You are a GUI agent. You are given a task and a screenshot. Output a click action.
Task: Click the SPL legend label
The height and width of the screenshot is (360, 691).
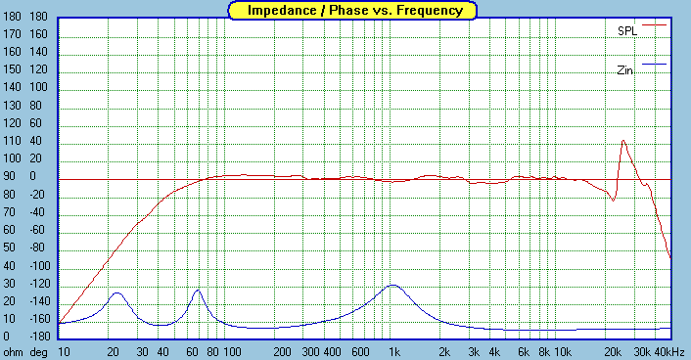[626, 30]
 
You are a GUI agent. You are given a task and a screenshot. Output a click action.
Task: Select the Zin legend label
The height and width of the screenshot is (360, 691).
[626, 70]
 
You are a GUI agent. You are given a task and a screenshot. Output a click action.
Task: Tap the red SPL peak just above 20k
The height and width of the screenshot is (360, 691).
[622, 141]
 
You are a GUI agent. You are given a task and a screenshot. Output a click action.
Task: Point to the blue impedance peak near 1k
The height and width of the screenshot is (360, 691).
[393, 286]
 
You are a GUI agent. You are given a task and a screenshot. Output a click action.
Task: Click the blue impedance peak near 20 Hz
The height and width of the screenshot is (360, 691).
[117, 292]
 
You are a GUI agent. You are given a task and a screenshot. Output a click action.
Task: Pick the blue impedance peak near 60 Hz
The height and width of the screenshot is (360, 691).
[198, 291]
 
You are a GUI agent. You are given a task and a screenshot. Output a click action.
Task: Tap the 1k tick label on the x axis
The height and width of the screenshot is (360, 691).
[394, 351]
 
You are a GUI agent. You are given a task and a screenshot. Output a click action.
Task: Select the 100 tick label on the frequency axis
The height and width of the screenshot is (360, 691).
[231, 351]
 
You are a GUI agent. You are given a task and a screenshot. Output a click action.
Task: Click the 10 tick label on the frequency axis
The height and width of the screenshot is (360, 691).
[65, 351]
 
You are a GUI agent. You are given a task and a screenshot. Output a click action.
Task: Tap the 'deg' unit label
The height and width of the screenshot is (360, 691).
[39, 351]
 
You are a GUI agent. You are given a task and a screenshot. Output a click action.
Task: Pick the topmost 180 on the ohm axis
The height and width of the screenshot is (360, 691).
[13, 17]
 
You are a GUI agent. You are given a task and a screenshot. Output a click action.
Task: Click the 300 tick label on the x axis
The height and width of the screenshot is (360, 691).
[309, 351]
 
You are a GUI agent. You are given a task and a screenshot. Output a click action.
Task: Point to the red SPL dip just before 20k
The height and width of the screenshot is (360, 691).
[613, 200]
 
